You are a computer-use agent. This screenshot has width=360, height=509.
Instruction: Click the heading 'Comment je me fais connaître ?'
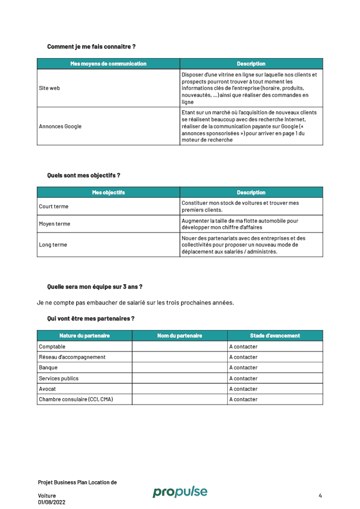pyautogui.click(x=91, y=46)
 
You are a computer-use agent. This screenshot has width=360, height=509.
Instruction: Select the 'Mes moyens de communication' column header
pyautogui.click(x=108, y=64)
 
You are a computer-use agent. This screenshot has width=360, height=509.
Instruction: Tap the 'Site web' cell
pyautogui.click(x=49, y=88)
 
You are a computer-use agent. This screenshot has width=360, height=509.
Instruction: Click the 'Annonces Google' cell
pyautogui.click(x=60, y=126)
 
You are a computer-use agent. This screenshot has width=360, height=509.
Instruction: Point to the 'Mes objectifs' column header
pyautogui.click(x=108, y=192)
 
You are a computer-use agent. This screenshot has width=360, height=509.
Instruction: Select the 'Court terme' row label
pyautogui.click(x=53, y=206)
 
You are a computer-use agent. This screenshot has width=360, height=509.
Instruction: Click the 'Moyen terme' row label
pyautogui.click(x=54, y=224)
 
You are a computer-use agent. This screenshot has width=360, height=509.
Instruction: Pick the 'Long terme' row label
pyautogui.click(x=53, y=245)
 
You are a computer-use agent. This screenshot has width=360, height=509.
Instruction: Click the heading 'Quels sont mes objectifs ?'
pyautogui.click(x=83, y=175)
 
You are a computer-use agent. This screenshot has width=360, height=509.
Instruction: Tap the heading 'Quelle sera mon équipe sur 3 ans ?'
pyautogui.click(x=95, y=286)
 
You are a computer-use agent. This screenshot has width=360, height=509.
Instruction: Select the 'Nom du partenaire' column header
pyautogui.click(x=180, y=336)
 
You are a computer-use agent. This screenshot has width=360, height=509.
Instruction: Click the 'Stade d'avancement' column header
pyautogui.click(x=275, y=336)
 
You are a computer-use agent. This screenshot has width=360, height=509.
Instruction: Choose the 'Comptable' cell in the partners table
pyautogui.click(x=52, y=347)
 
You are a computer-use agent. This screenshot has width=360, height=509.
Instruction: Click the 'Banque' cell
pyautogui.click(x=48, y=367)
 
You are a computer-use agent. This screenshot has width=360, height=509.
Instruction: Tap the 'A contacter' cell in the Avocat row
pyautogui.click(x=243, y=389)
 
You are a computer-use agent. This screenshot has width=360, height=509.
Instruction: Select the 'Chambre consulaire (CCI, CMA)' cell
pyautogui.click(x=76, y=399)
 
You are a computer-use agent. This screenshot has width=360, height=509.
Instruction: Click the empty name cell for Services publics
pyautogui.click(x=180, y=378)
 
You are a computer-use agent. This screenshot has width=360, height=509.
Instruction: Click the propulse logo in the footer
pyautogui.click(x=180, y=492)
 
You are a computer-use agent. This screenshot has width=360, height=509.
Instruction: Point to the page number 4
pyautogui.click(x=320, y=496)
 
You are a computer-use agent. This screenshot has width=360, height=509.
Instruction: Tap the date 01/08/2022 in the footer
pyautogui.click(x=52, y=502)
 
